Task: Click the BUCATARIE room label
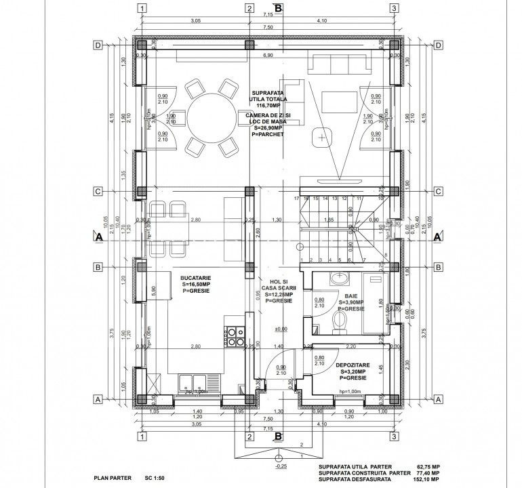tap(195, 278)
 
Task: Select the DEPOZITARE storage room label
tap(353, 365)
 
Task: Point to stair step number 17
tap(297, 199)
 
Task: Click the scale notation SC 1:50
tap(155, 478)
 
